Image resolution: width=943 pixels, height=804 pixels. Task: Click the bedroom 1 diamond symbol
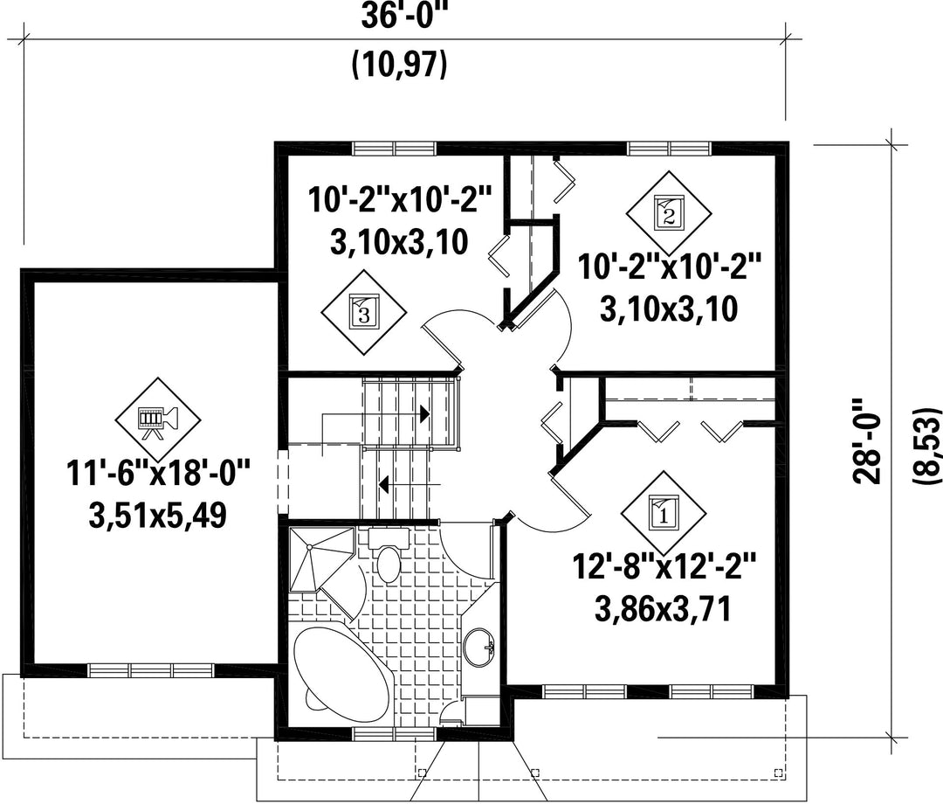pyautogui.click(x=664, y=513)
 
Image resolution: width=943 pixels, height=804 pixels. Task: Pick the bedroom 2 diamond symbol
pyautogui.click(x=669, y=213)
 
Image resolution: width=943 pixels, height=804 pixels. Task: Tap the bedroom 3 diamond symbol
pyautogui.click(x=364, y=312)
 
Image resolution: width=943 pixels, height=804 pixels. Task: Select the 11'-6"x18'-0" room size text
pyautogui.click(x=157, y=475)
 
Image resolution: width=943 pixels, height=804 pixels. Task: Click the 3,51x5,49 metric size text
pyautogui.click(x=157, y=515)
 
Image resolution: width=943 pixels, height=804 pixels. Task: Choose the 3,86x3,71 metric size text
pyautogui.click(x=664, y=609)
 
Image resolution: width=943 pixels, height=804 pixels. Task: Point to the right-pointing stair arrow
pyautogui.click(x=375, y=414)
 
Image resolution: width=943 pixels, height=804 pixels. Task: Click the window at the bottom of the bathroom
pyautogui.click(x=394, y=733)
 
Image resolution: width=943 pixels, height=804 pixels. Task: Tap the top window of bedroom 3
pyautogui.click(x=394, y=148)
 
